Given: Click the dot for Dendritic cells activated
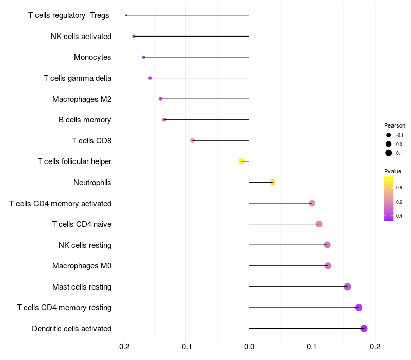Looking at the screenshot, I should click(x=364, y=329).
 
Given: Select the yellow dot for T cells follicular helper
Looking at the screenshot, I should click(x=241, y=161).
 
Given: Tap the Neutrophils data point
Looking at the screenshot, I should click(x=273, y=183).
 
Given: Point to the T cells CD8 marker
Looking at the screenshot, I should click(x=192, y=140).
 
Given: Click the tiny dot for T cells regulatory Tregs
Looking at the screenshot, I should click(x=126, y=15).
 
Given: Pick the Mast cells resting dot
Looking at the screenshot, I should click(x=347, y=286).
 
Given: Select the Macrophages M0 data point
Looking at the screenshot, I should click(x=328, y=266).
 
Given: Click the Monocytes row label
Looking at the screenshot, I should click(x=92, y=57).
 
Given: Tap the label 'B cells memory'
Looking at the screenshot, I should click(x=85, y=120).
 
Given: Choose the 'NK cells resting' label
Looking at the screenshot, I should click(x=85, y=245).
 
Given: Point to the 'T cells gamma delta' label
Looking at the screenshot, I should click(x=78, y=78).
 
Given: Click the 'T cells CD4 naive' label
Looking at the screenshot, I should click(x=82, y=224).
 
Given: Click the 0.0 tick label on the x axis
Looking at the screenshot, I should click(x=249, y=347).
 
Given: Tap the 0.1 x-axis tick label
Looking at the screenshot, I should click(x=312, y=347).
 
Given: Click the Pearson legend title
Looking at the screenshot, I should click(x=395, y=125).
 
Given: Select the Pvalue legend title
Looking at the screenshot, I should click(x=393, y=171).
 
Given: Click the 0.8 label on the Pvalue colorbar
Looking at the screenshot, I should click(x=399, y=187).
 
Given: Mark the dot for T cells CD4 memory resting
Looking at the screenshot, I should click(x=358, y=308).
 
